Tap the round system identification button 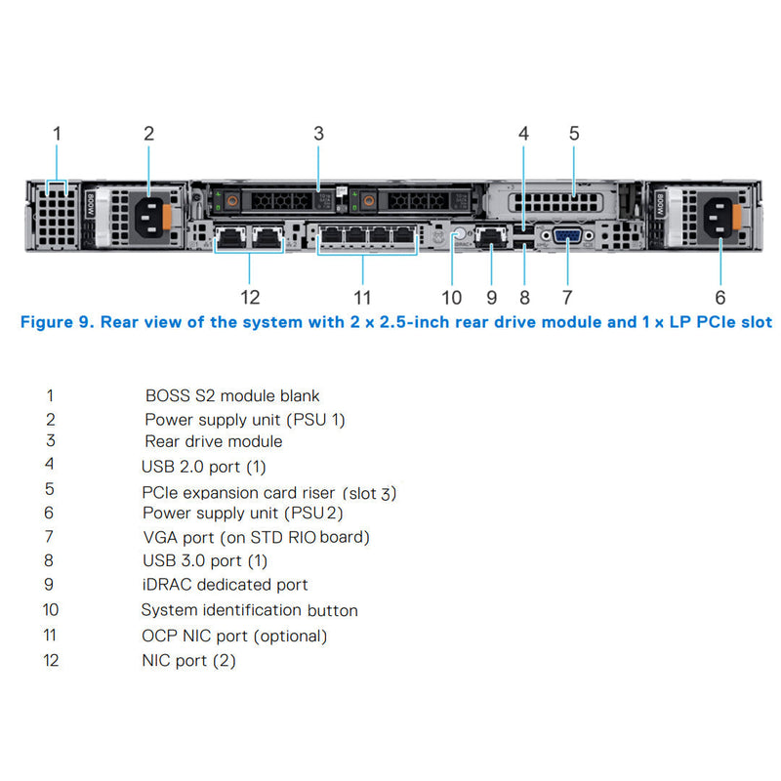click(x=455, y=235)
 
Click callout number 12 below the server click(x=251, y=297)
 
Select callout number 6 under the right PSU click(x=720, y=297)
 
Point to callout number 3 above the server click(x=318, y=133)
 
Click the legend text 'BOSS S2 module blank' click(x=232, y=396)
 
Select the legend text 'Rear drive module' click(x=214, y=441)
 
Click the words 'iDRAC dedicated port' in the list click(x=225, y=585)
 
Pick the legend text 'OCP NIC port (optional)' click(x=234, y=636)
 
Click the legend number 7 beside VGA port click(x=50, y=537)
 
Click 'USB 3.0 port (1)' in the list click(x=204, y=561)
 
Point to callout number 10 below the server click(x=451, y=297)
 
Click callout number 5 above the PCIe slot click(x=574, y=133)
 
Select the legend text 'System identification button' click(x=249, y=610)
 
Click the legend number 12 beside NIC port click(x=51, y=661)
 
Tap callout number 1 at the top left click(x=57, y=133)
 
